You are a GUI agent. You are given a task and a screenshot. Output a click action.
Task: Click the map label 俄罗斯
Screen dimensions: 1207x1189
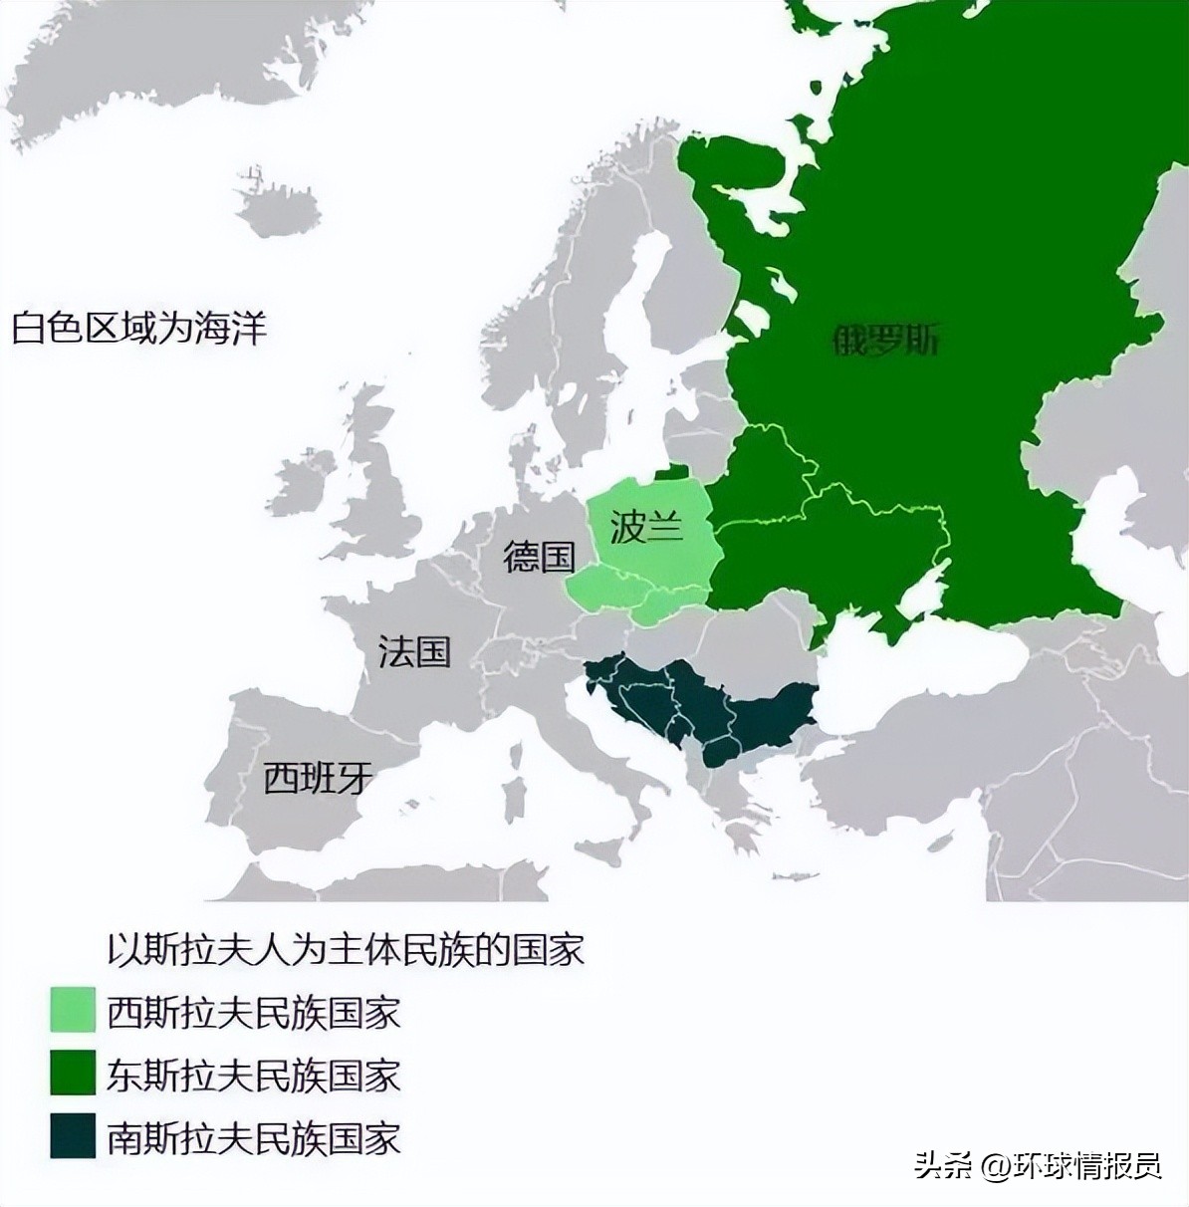coord(884,341)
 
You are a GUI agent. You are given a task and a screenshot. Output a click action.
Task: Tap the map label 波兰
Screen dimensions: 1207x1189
coord(646,526)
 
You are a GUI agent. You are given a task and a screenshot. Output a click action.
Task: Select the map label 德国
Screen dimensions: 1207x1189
coord(539,556)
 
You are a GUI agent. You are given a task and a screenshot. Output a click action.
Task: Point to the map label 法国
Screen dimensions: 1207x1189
coord(414,651)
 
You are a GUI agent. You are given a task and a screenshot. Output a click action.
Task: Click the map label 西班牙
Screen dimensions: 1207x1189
coord(318,777)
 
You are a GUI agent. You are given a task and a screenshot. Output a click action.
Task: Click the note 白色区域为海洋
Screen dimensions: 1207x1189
coord(139,328)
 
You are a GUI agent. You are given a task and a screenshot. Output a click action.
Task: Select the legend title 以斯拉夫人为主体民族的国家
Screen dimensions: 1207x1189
coord(345,949)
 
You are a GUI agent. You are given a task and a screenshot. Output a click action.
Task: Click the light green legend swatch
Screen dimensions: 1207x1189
coord(73,1011)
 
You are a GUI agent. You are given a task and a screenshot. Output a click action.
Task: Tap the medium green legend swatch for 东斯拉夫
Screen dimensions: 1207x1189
coord(73,1074)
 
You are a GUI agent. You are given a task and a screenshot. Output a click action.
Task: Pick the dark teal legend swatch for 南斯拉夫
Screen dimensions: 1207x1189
coord(73,1136)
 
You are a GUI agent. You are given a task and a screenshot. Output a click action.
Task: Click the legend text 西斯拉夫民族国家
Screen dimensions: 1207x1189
coord(253,1013)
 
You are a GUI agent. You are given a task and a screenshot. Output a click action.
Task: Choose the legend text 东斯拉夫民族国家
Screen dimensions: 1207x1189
coord(253,1076)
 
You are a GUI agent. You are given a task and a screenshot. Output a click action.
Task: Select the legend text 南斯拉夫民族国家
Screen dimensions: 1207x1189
coord(253,1138)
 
